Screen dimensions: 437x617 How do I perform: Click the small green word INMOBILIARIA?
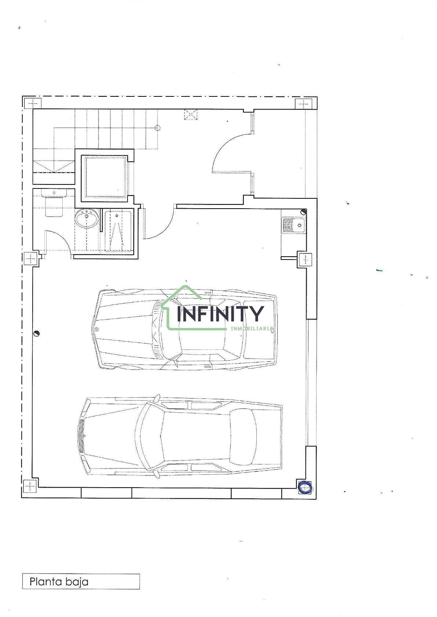click(x=252, y=328)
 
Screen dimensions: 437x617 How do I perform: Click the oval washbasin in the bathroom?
click(x=86, y=218)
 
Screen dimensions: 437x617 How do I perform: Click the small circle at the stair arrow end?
click(x=157, y=128)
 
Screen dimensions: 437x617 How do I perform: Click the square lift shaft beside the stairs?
click(x=105, y=176)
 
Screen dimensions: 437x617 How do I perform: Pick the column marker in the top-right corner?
click(x=303, y=104)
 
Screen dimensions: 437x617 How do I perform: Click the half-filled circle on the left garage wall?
click(x=36, y=334)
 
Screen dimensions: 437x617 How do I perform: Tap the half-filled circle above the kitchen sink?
click(x=303, y=212)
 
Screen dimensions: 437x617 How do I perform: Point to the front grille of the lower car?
click(x=81, y=436)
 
